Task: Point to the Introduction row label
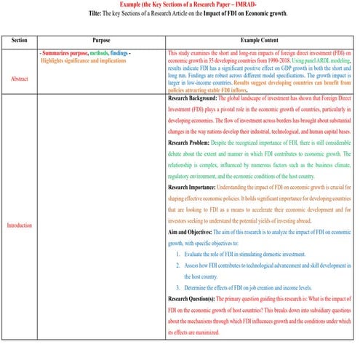tap(19, 225)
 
